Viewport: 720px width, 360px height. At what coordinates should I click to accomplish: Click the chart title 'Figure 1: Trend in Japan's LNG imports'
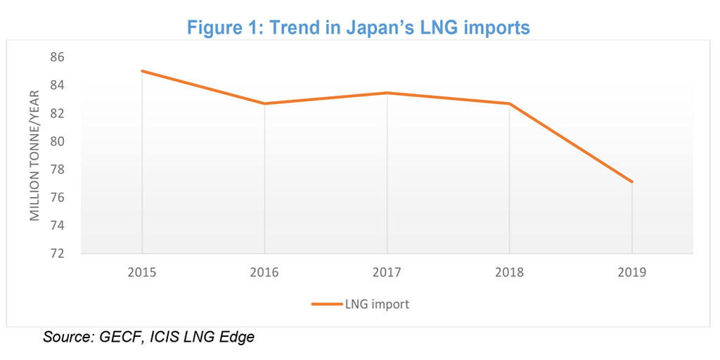(359, 27)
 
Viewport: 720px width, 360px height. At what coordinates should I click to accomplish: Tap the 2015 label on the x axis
(142, 272)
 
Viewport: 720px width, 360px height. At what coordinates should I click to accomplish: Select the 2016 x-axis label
(264, 272)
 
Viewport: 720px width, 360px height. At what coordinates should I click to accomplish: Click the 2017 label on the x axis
(387, 272)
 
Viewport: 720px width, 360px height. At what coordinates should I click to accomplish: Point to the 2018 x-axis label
(509, 272)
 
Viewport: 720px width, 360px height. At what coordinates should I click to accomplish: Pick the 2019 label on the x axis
(631, 272)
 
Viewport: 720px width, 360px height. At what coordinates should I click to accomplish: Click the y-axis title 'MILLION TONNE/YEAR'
(34, 155)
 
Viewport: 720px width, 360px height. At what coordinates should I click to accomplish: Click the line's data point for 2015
(142, 71)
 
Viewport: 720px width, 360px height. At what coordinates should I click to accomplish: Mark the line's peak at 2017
(387, 93)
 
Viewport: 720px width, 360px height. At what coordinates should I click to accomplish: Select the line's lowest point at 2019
(631, 182)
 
